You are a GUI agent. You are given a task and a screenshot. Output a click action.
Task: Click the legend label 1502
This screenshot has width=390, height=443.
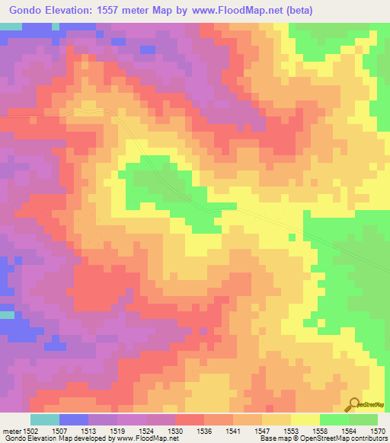coord(31,431)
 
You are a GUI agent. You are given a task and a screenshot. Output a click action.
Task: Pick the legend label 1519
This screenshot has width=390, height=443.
coord(119,431)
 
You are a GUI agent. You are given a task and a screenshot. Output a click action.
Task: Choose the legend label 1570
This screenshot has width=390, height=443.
coord(376,431)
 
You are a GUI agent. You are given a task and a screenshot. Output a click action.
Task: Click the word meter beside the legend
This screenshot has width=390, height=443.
coord(11,431)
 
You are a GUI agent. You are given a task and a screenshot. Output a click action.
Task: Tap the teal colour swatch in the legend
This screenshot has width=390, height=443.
coord(44,419)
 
